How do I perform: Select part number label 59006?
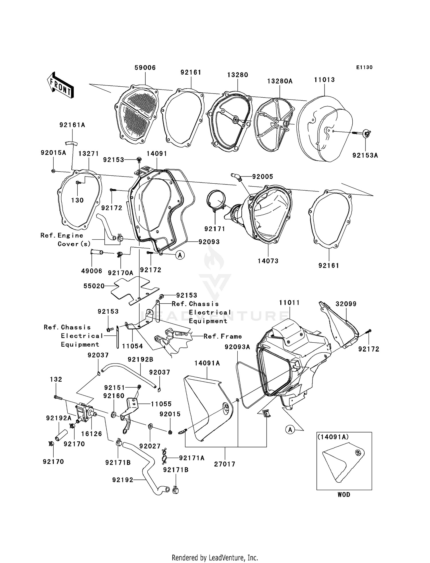pos(145,68)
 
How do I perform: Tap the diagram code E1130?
pos(364,67)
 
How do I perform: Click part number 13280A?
pos(280,81)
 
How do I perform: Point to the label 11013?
pos(324,80)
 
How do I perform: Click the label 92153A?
pos(365,155)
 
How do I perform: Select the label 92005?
pos(263,177)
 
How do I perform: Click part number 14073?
pos(268,261)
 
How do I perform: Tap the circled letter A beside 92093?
pos(180,255)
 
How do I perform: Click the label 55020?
pos(94,286)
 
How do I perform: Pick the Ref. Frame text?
pos(222,336)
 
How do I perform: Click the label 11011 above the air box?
pos(289,303)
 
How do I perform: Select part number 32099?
pos(346,304)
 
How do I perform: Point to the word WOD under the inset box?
pos(344,495)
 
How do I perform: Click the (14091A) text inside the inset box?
pos(333,437)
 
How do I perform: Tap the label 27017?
pos(224,464)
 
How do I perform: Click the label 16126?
pos(91,434)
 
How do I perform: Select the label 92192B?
pos(140,359)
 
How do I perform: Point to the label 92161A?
pos(72,125)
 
